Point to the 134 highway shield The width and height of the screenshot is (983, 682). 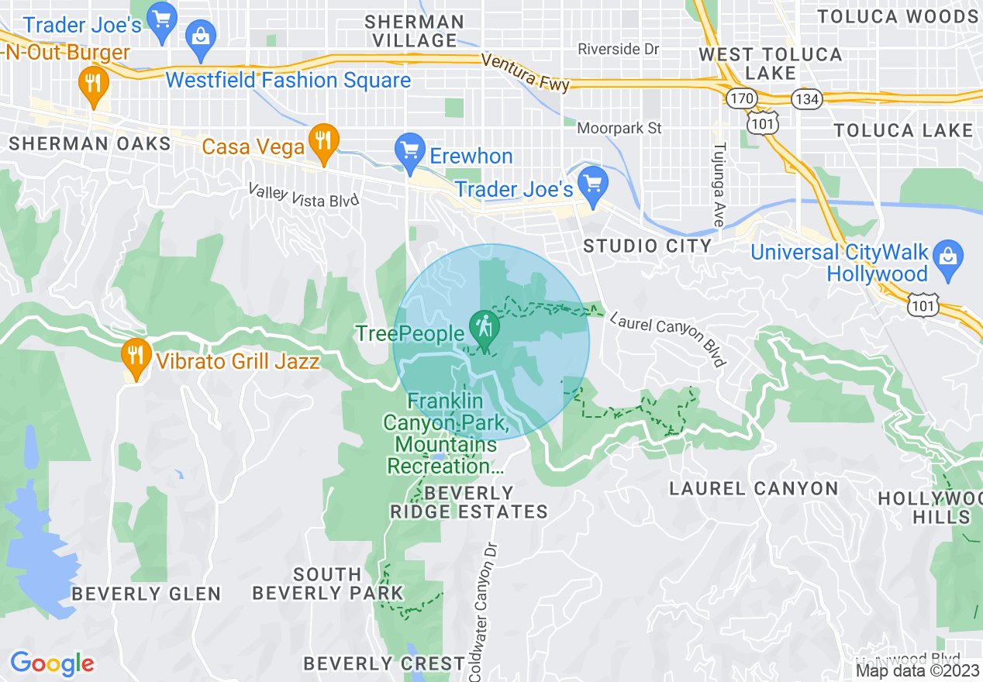[x=806, y=98]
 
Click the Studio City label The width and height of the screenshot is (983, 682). [x=647, y=246]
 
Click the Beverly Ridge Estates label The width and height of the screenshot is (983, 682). [x=469, y=502]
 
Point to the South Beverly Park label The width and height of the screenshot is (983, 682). [x=328, y=584]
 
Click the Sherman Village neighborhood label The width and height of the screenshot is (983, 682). [x=415, y=31]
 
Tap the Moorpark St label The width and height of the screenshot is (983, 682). [x=620, y=128]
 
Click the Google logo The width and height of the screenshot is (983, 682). [x=52, y=663]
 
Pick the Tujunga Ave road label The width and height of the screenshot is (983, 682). [x=720, y=184]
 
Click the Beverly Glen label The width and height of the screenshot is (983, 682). [x=146, y=594]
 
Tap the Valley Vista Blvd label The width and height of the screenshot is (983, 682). [x=304, y=195]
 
